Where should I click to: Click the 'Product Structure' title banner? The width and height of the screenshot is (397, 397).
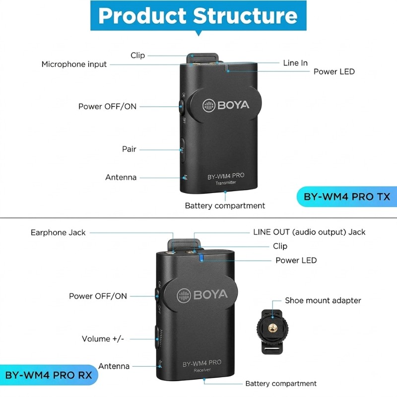pyautogui.click(x=198, y=16)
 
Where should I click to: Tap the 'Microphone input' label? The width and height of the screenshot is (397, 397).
pyautogui.click(x=74, y=65)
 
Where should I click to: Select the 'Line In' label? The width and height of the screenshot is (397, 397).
pyautogui.click(x=295, y=63)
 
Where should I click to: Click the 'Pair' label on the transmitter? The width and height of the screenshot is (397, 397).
pyautogui.click(x=129, y=149)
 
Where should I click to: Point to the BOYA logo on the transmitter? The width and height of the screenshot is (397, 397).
pyautogui.click(x=226, y=105)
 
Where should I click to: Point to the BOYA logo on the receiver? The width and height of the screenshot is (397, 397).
pyautogui.click(x=202, y=295)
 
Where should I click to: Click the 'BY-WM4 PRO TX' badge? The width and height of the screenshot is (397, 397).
pyautogui.click(x=346, y=197)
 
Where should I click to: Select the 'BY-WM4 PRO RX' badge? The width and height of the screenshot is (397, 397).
pyautogui.click(x=49, y=375)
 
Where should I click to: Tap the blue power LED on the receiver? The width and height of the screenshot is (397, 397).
pyautogui.click(x=201, y=257)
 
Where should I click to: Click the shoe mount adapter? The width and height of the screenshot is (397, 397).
pyautogui.click(x=272, y=331)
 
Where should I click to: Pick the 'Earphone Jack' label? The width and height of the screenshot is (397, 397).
pyautogui.click(x=58, y=232)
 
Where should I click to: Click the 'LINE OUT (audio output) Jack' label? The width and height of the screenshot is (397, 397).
pyautogui.click(x=309, y=232)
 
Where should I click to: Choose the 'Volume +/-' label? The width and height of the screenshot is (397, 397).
pyautogui.click(x=103, y=339)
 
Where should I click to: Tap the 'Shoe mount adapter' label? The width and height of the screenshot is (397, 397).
pyautogui.click(x=323, y=300)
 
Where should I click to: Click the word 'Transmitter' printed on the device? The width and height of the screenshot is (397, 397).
pyautogui.click(x=226, y=183)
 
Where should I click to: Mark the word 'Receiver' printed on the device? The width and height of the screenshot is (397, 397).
pyautogui.click(x=202, y=370)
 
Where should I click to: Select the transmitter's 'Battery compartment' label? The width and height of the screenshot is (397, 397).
pyautogui.click(x=225, y=205)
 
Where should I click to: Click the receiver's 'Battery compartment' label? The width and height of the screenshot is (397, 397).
pyautogui.click(x=281, y=384)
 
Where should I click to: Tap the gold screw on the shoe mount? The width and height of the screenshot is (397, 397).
pyautogui.click(x=272, y=329)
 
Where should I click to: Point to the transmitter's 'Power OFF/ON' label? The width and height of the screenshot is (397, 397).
pyautogui.click(x=107, y=106)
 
